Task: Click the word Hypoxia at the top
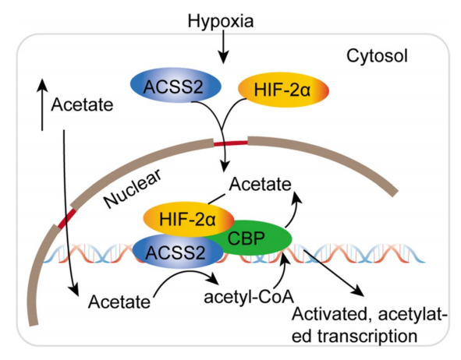pyautogui.click(x=221, y=22)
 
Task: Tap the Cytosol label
pyautogui.click(x=378, y=56)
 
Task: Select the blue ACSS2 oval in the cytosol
pyautogui.click(x=176, y=86)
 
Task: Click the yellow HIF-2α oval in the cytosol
pyautogui.click(x=283, y=90)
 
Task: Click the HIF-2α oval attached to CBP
pyautogui.click(x=189, y=219)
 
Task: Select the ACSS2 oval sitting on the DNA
pyautogui.click(x=178, y=252)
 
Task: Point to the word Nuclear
pyautogui.click(x=133, y=188)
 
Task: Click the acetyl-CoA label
pyautogui.click(x=249, y=297)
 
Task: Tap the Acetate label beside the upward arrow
pyautogui.click(x=82, y=105)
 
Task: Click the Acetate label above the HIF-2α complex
pyautogui.click(x=261, y=185)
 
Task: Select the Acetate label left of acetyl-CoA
pyautogui.click(x=119, y=302)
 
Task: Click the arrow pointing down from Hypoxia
pyautogui.click(x=223, y=47)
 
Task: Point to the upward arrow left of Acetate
pyautogui.click(x=43, y=104)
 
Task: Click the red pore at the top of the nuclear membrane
pyautogui.click(x=231, y=143)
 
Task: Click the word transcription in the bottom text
pyautogui.click(x=368, y=336)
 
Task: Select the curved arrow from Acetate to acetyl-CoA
pyautogui.click(x=185, y=274)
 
